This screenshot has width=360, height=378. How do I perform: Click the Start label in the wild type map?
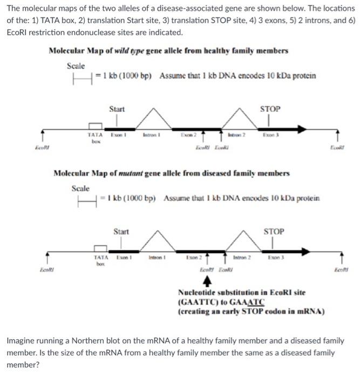[117, 109]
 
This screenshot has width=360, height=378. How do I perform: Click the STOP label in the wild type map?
[270, 109]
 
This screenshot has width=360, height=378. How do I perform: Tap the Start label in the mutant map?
[121, 232]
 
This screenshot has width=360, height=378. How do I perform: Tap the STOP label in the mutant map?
[274, 231]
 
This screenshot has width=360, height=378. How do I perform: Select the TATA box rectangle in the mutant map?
[100, 248]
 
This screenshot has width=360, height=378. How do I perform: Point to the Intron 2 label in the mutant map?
[242, 257]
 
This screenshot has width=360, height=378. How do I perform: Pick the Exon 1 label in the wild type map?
[118, 134]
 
